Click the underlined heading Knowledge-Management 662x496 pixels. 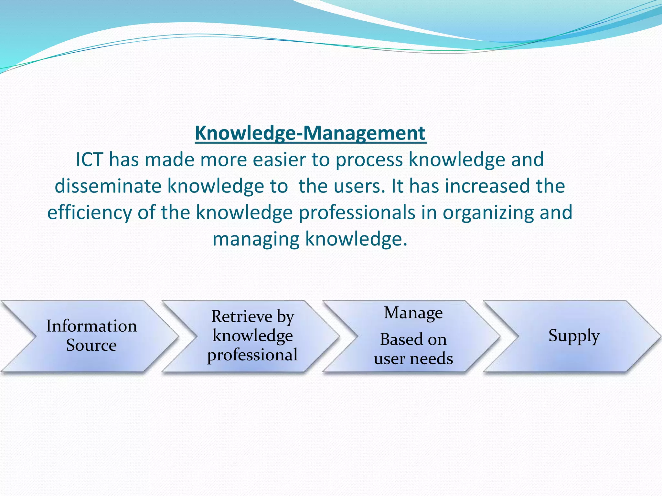[x=310, y=133]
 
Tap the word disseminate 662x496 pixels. [x=108, y=186]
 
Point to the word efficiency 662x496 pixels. [x=90, y=213]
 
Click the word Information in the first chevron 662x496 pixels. [x=91, y=326]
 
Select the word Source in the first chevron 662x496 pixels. [x=91, y=345]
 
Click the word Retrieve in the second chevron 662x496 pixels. [x=242, y=316]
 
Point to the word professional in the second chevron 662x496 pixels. [x=252, y=355]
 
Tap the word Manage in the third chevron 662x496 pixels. [x=413, y=313]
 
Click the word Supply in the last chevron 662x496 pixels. [x=574, y=336]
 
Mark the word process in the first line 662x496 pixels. [x=369, y=160]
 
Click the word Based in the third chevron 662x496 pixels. [x=397, y=339]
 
